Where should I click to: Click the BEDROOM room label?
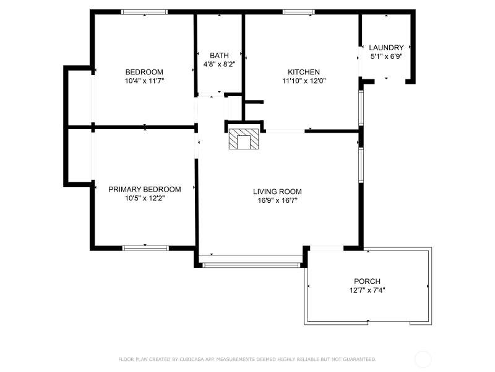pyautogui.click(x=144, y=72)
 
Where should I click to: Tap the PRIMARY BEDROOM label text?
pyautogui.click(x=145, y=190)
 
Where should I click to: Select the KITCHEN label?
pyautogui.click(x=304, y=72)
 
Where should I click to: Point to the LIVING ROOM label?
pyautogui.click(x=277, y=192)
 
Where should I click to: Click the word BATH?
pyautogui.click(x=219, y=56)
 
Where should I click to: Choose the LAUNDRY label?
pyautogui.click(x=386, y=48)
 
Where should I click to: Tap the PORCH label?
pyautogui.click(x=367, y=281)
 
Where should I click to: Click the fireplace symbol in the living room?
pyautogui.click(x=244, y=139)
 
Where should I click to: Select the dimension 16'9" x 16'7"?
pyautogui.click(x=277, y=200)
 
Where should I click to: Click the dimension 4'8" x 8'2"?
pyautogui.click(x=219, y=64)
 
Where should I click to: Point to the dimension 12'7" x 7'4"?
pyautogui.click(x=367, y=290)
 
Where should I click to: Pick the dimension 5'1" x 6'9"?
pyautogui.click(x=386, y=56)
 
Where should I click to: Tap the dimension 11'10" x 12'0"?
pyautogui.click(x=304, y=81)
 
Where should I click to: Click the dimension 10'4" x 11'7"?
pyautogui.click(x=144, y=81)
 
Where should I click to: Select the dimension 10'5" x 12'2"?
pyautogui.click(x=145, y=198)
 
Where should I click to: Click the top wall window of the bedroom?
pyautogui.click(x=145, y=12)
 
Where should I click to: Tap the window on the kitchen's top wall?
pyautogui.click(x=299, y=12)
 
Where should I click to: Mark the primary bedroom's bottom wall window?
pyautogui.click(x=145, y=249)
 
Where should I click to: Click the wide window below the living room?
pyautogui.click(x=251, y=265)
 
